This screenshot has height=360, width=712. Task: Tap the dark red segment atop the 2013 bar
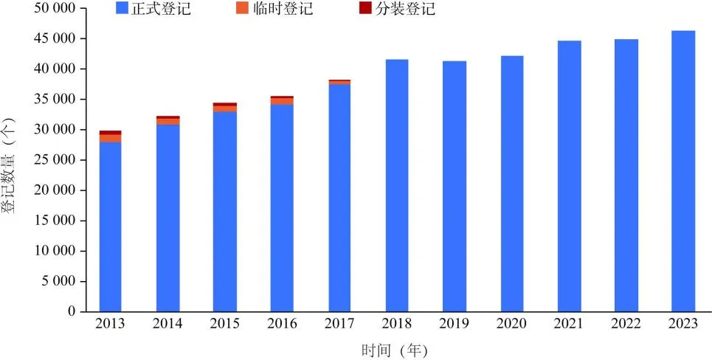coord(111,133)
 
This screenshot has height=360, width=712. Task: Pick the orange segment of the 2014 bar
coord(167,122)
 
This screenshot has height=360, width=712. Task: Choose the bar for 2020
coord(511,184)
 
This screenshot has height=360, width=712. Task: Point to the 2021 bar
coord(569,176)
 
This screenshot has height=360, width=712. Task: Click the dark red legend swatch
coord(365,9)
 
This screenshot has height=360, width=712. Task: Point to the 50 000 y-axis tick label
coord(56,8)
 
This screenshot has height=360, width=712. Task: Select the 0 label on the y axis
coord(72,311)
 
